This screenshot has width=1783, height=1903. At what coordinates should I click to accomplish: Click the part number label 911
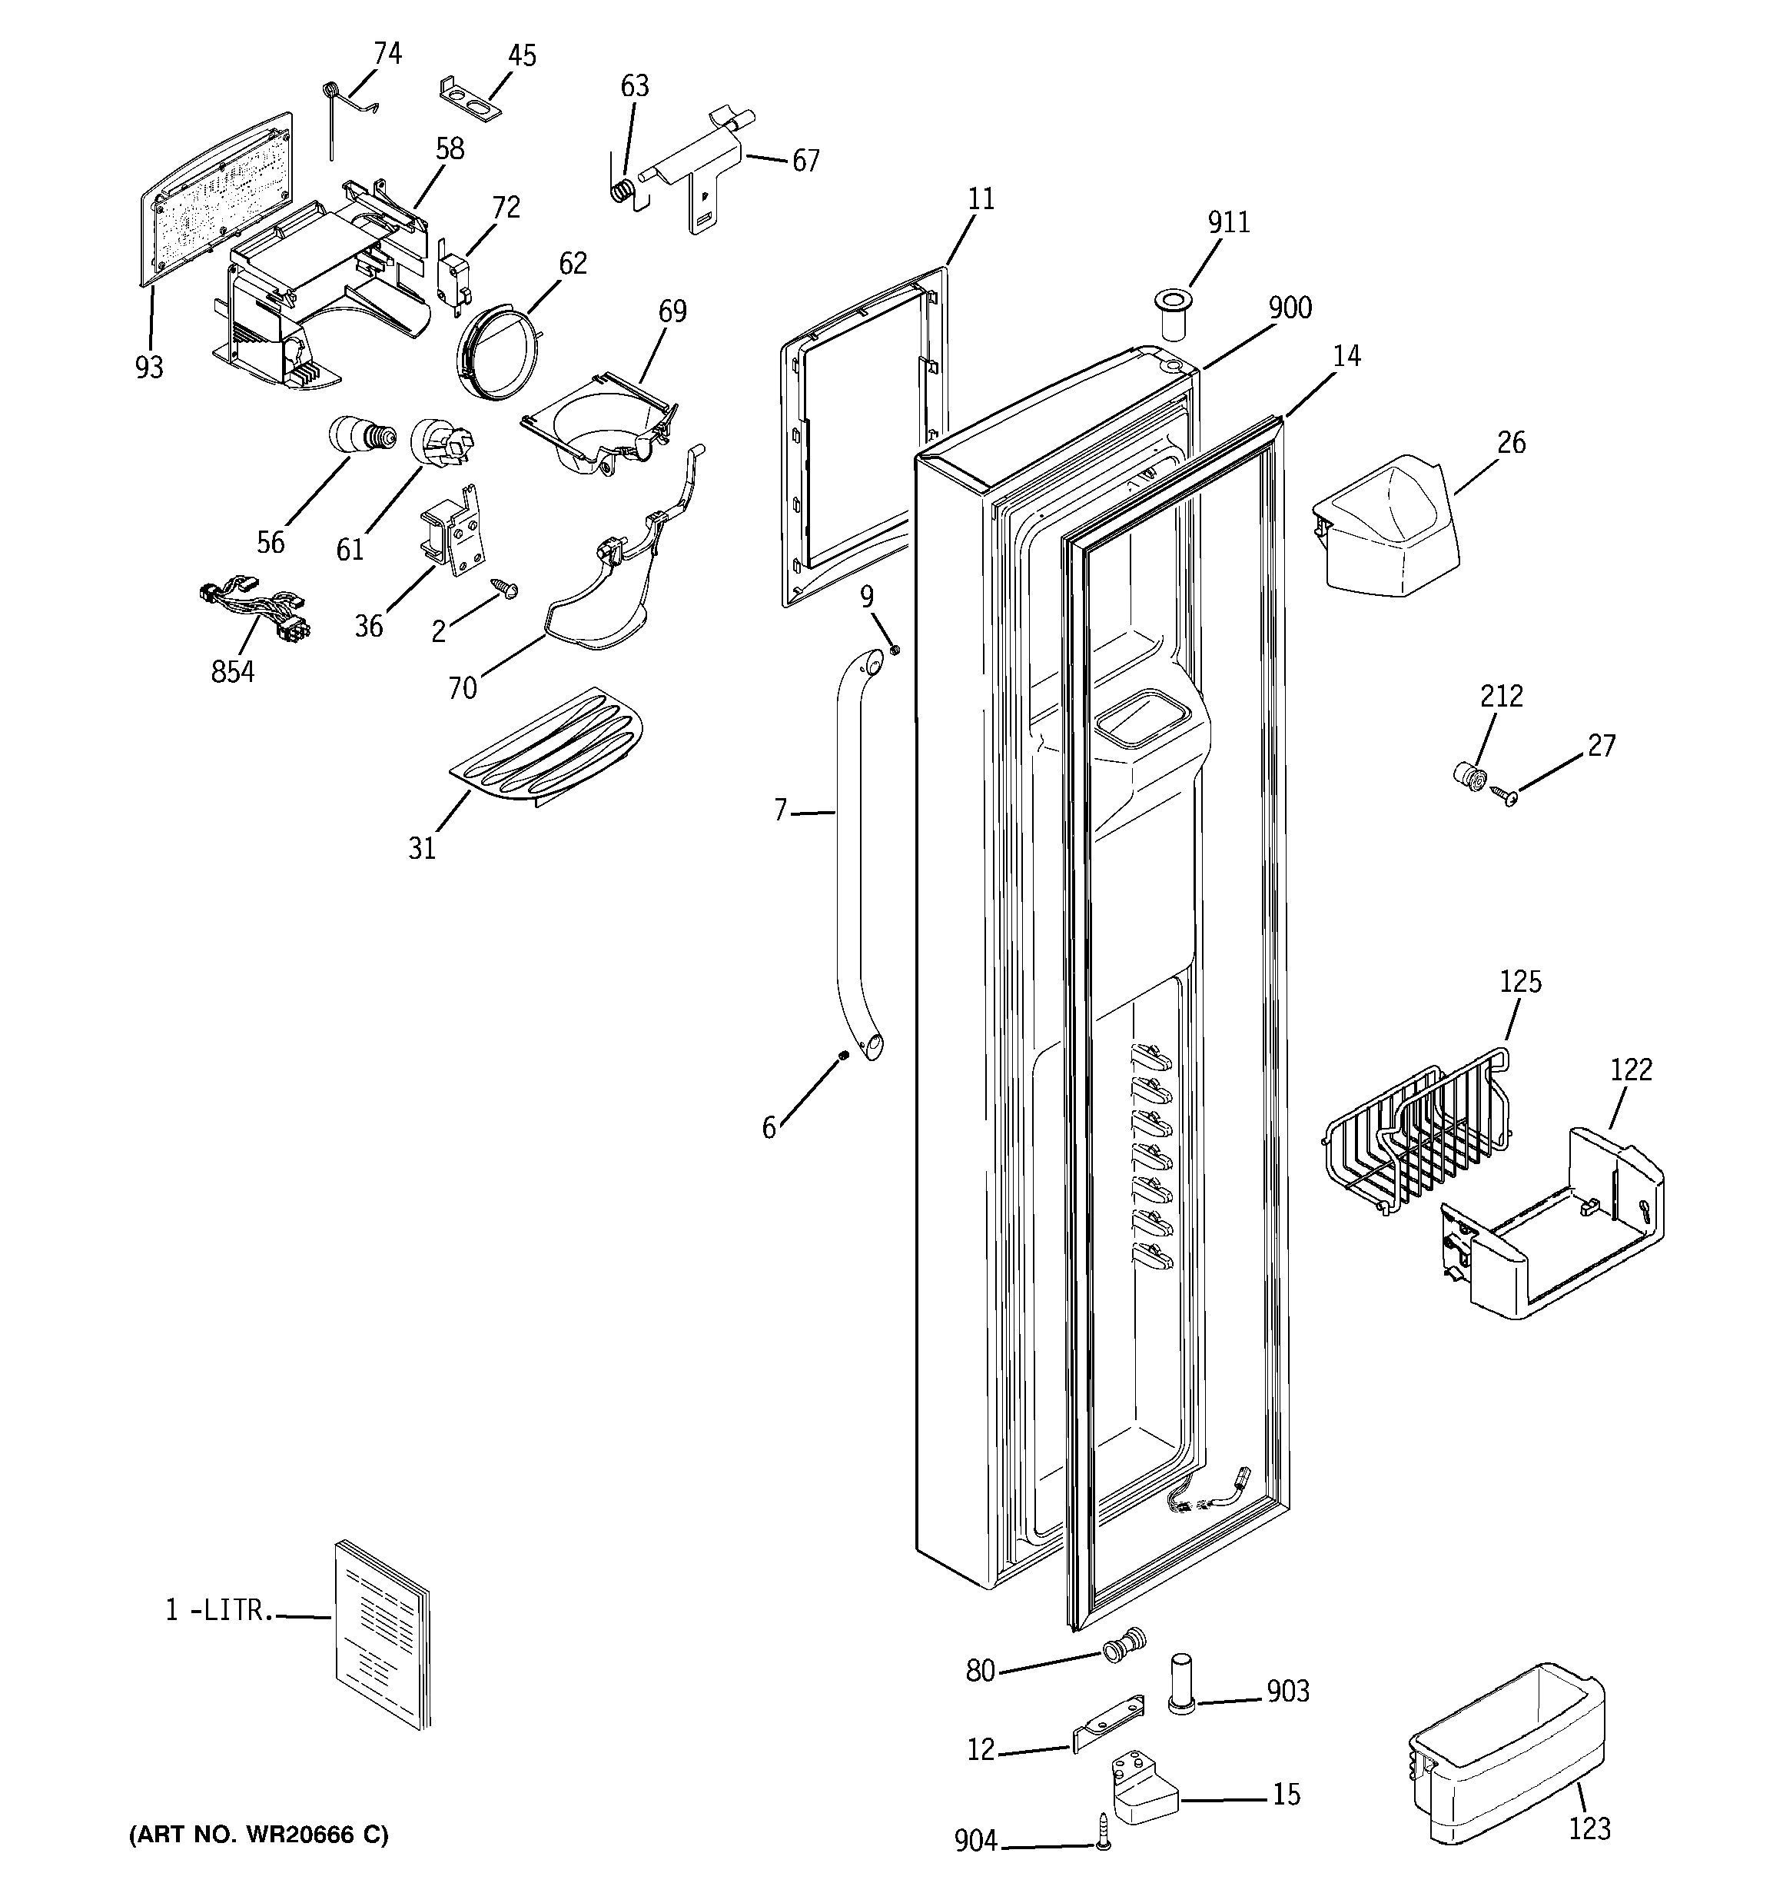click(x=1228, y=222)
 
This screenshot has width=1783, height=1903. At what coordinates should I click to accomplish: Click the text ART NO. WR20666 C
click(x=258, y=1835)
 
